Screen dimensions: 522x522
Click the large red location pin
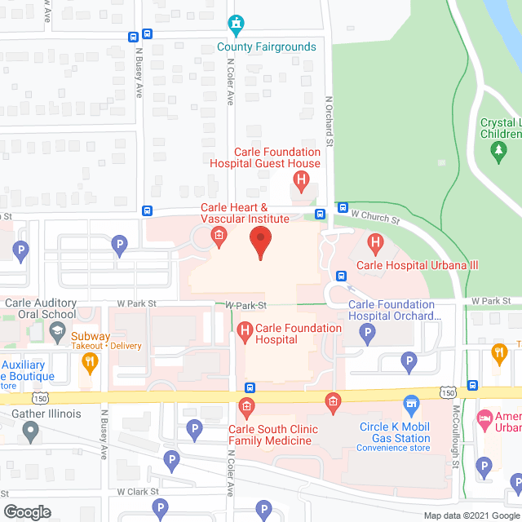pos(260,242)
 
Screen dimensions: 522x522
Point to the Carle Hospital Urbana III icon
pos(375,242)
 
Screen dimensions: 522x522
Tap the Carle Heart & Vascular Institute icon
pos(219,237)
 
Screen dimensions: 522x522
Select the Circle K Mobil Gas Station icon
pos(412,405)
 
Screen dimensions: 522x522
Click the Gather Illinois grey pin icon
pos(31,432)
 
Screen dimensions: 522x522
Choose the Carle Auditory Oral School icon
pos(57,330)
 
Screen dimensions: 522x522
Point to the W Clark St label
pos(137,492)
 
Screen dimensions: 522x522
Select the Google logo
pos(27,512)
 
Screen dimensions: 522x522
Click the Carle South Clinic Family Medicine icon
pos(246,406)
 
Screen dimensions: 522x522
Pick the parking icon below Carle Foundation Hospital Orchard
pos(368,332)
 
